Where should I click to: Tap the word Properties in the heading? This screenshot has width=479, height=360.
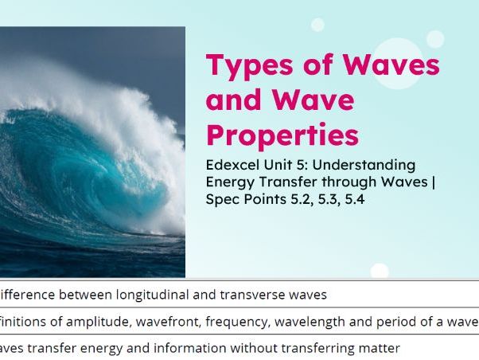282,135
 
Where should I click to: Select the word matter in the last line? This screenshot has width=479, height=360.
377,349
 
